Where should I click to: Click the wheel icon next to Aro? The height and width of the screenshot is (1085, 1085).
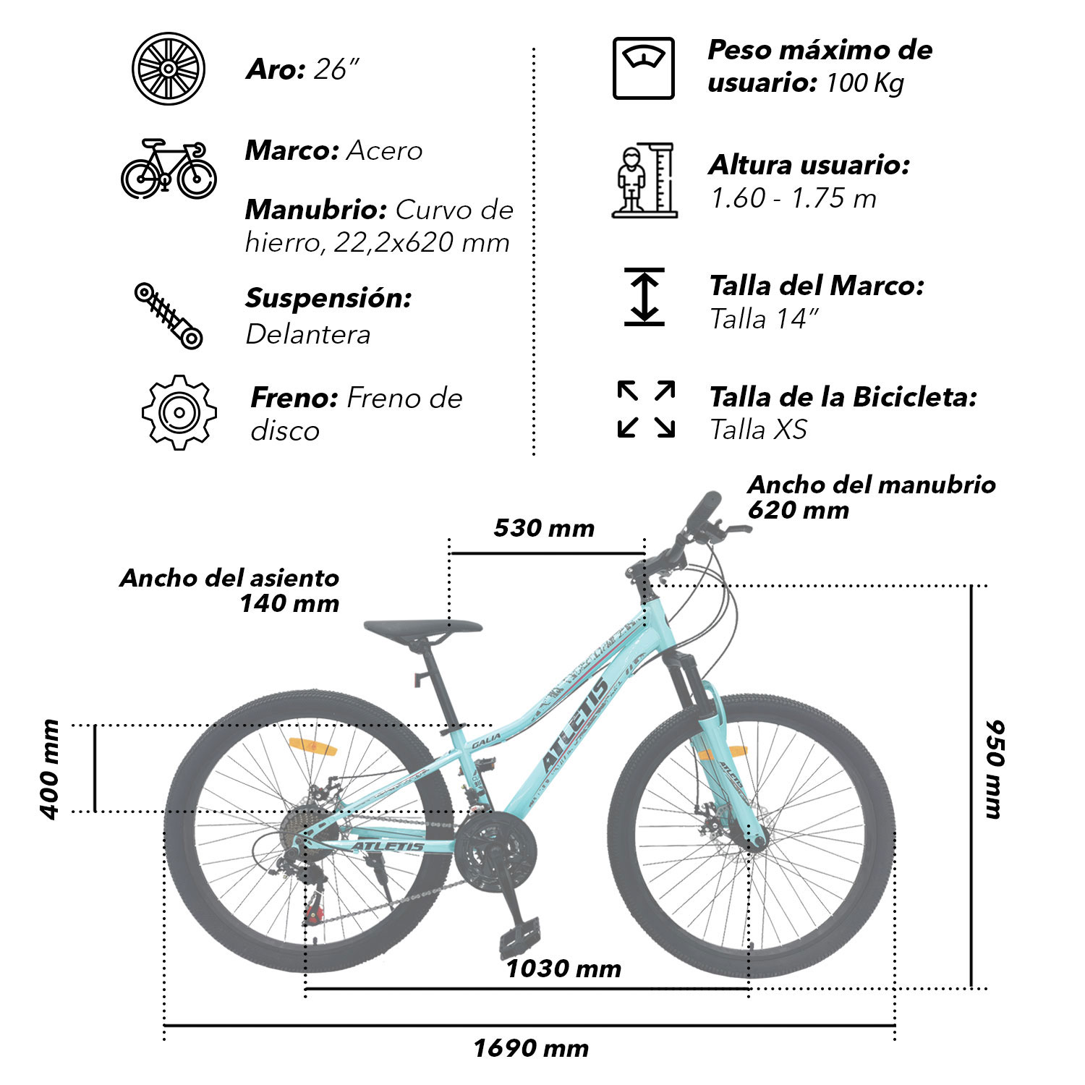pos(169,69)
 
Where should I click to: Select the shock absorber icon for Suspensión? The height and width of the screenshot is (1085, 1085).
pos(169,316)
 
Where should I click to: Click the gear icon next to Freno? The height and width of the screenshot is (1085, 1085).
pos(179,412)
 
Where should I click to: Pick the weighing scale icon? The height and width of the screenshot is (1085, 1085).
pos(644,68)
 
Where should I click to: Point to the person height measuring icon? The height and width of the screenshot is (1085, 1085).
pos(644,180)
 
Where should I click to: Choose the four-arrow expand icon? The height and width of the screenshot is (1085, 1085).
pos(646,409)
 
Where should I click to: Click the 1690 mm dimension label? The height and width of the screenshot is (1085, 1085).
pos(531,1048)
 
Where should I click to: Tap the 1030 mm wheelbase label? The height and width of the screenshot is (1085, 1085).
pos(563,969)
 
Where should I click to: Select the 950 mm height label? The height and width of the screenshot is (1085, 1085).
pos(995,769)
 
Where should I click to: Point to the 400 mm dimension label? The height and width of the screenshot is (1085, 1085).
pos(49,770)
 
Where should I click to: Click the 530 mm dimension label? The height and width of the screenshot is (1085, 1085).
pos(544,528)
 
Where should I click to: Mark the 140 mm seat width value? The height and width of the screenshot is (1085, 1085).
pos(289,603)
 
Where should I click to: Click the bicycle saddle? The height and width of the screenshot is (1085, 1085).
pos(423,630)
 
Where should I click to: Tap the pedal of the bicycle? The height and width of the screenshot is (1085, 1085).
pos(519,937)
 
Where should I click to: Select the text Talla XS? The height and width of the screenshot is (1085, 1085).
pos(758,430)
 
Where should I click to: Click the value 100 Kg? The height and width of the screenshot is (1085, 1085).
pos(864,83)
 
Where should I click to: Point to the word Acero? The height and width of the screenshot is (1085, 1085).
pos(384,150)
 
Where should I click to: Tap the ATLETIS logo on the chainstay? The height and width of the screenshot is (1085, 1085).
pos(388,846)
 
